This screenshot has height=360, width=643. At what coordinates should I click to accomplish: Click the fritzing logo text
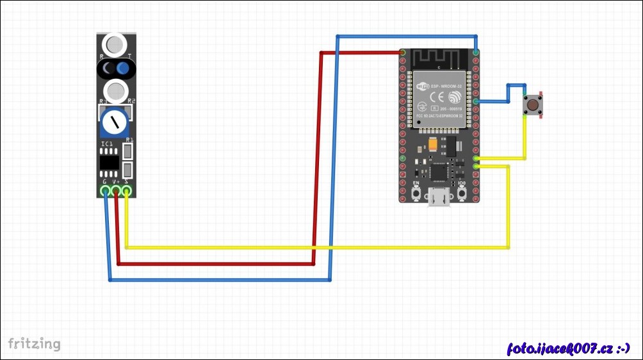35,344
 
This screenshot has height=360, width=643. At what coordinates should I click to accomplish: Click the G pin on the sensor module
106,190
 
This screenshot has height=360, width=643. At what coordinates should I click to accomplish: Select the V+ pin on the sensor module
117,190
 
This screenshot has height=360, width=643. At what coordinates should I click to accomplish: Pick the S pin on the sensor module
127,190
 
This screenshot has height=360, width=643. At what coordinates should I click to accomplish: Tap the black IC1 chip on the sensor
109,163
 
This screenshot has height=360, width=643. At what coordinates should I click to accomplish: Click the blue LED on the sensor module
123,68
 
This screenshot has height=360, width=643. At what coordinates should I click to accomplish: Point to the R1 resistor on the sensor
128,152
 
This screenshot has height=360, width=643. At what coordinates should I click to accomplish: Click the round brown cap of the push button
532,104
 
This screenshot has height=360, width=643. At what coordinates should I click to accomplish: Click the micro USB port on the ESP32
439,199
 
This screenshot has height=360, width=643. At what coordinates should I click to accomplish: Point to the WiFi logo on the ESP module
454,97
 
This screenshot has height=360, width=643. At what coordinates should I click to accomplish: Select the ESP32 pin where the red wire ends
402,52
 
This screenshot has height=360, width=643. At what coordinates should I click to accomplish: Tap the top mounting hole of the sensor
116,44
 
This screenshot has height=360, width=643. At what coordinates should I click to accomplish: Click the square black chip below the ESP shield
439,171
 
